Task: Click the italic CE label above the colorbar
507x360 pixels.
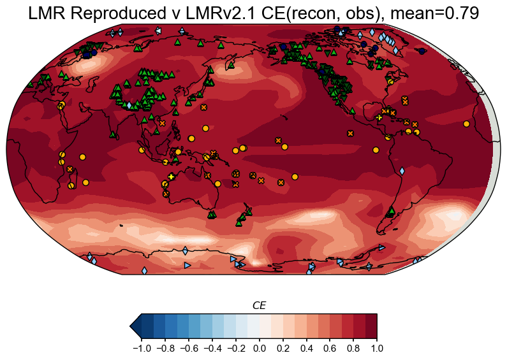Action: point(259,306)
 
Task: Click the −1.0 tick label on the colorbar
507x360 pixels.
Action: point(138,349)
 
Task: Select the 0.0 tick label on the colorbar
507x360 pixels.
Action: point(259,349)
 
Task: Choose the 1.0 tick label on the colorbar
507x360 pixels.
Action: point(377,349)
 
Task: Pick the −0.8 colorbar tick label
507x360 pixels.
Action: point(163,349)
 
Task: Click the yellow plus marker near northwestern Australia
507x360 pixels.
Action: point(171,176)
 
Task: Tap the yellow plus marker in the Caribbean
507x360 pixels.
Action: point(379,118)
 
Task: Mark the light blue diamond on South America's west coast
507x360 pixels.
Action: point(402,171)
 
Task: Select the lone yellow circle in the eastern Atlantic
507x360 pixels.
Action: point(466,124)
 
